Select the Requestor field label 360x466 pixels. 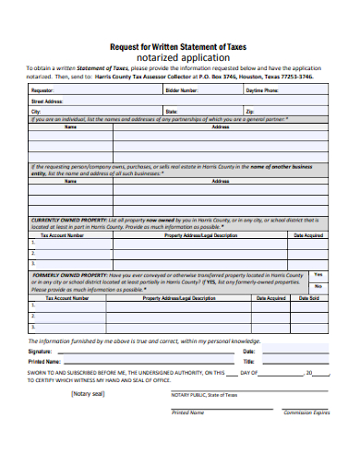[x=42, y=91]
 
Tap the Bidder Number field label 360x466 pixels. [x=181, y=91]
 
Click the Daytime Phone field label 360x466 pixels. [x=262, y=91]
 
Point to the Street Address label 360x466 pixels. [x=48, y=102]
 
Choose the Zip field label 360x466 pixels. [x=249, y=111]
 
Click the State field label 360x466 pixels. [x=172, y=111]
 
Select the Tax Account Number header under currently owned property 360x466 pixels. [x=63, y=235]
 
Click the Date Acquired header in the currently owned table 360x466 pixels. [x=307, y=235]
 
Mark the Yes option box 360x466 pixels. [x=318, y=274]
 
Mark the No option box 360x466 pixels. [x=318, y=287]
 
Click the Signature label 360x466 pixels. [x=41, y=352]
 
